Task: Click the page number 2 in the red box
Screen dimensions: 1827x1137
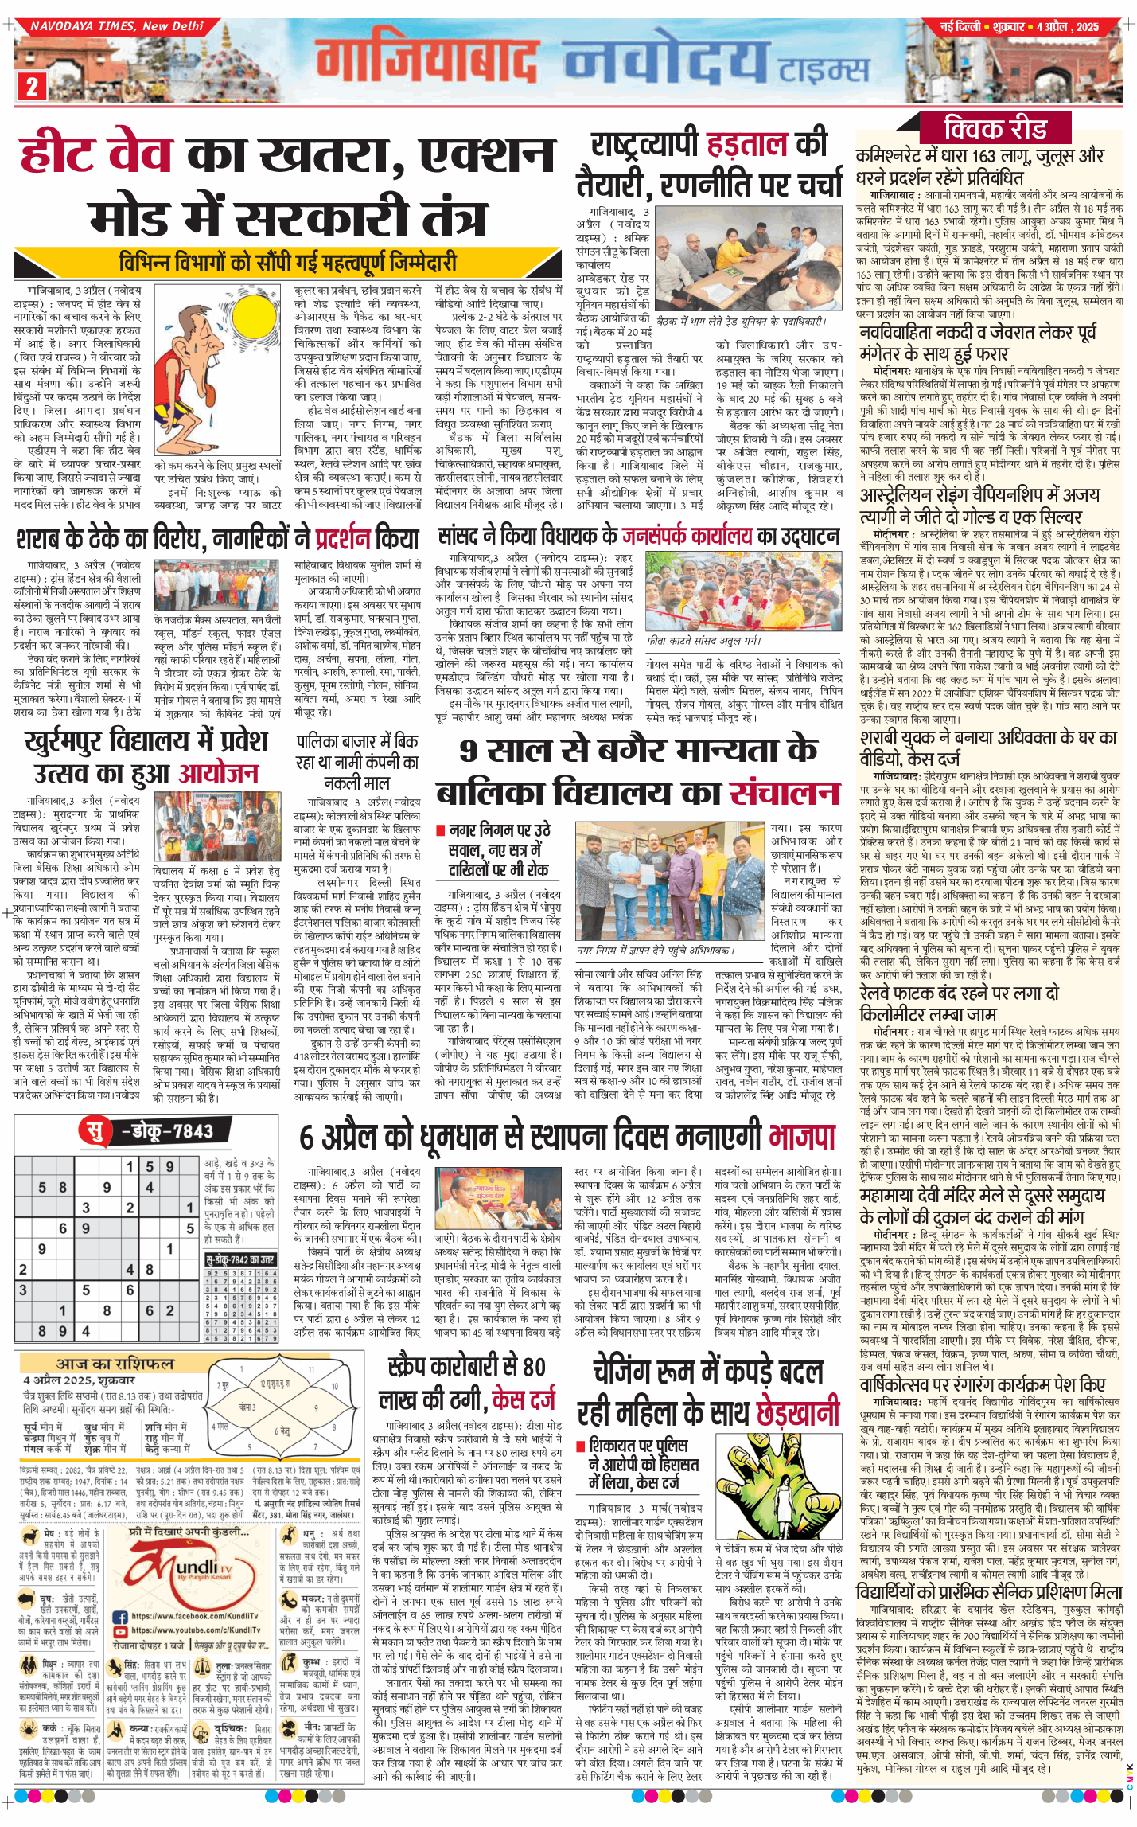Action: pyautogui.click(x=32, y=85)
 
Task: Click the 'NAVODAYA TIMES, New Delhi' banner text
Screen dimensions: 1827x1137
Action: pyautogui.click(x=117, y=26)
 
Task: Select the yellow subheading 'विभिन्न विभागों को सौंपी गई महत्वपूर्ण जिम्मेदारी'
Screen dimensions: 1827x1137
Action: pyautogui.click(x=288, y=262)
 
